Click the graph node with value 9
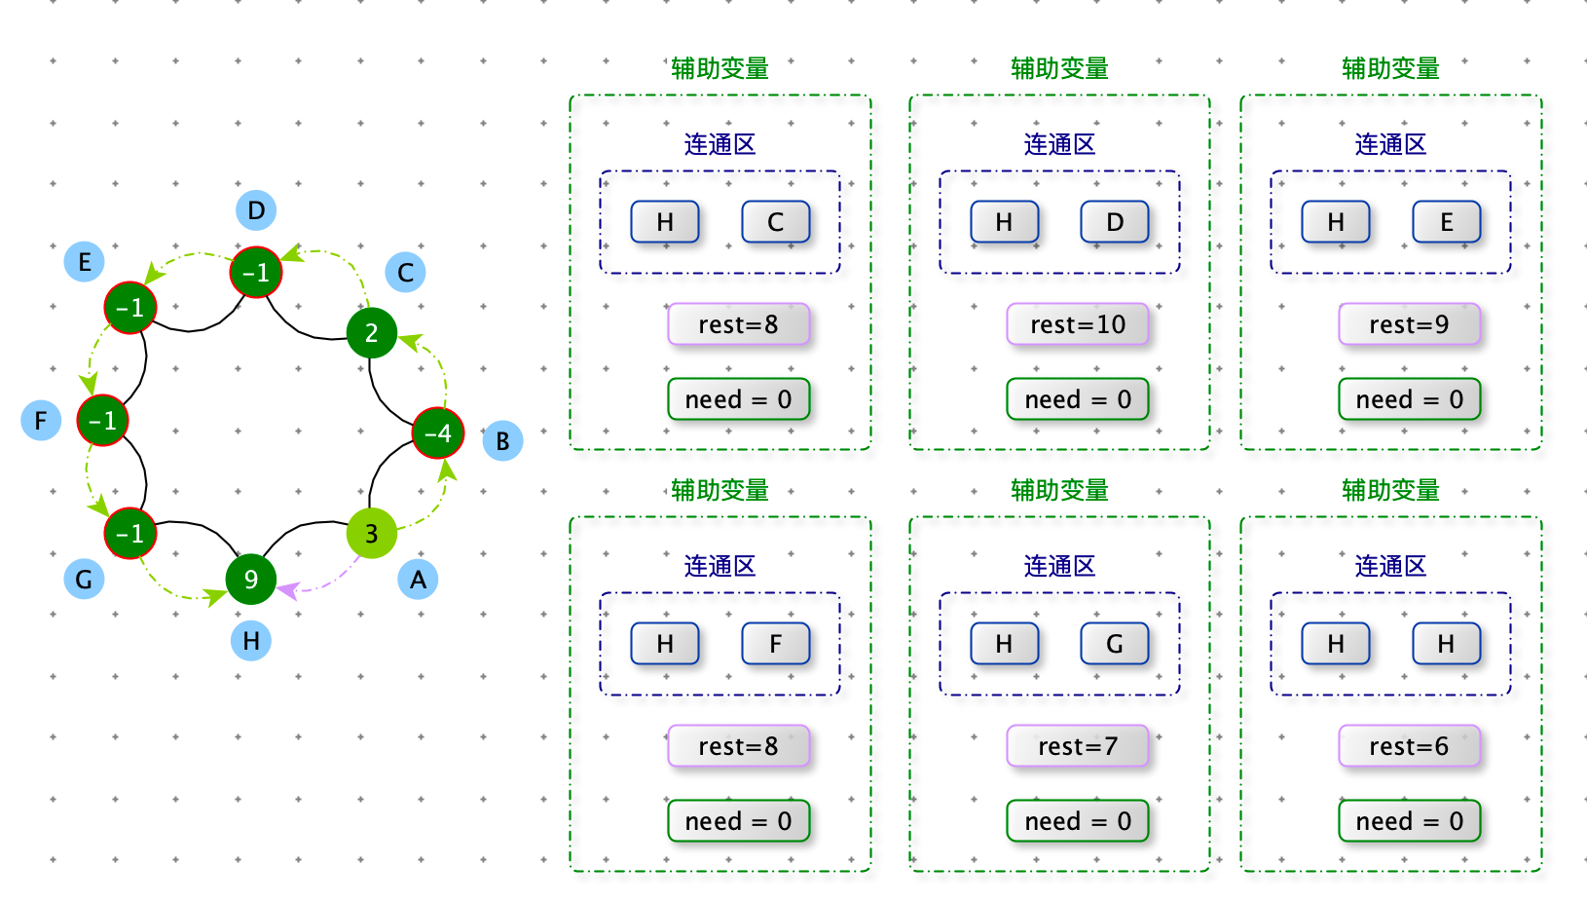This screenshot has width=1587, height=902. (x=251, y=579)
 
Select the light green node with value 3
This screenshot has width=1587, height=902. (x=371, y=533)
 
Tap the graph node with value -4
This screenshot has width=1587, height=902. (x=438, y=432)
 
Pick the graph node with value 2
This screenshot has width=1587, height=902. (x=371, y=332)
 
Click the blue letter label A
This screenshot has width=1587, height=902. (x=418, y=579)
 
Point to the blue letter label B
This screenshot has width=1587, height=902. (x=502, y=440)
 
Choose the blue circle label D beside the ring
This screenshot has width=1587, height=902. (x=256, y=209)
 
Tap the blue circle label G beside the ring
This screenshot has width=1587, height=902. (x=85, y=579)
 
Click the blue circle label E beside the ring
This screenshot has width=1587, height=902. (x=85, y=261)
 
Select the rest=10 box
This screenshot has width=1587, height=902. (x=1078, y=323)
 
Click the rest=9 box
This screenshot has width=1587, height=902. (x=1409, y=323)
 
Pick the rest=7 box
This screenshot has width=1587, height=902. (x=1078, y=745)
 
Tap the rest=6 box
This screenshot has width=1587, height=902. (x=1409, y=745)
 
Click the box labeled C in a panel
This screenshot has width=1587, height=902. (x=775, y=222)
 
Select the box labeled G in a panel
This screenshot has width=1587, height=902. (x=1115, y=643)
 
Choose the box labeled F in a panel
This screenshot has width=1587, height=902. (x=775, y=643)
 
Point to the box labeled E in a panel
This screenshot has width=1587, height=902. (x=1446, y=222)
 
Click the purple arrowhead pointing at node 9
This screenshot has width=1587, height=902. (x=287, y=589)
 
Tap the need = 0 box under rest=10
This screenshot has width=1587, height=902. (x=1078, y=399)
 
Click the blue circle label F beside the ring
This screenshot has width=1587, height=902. (x=41, y=420)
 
